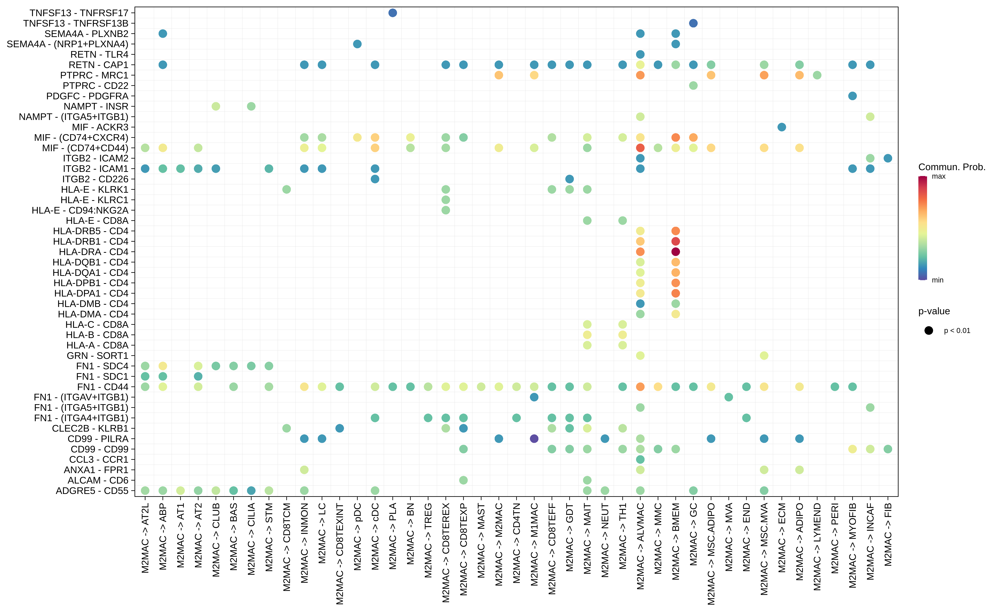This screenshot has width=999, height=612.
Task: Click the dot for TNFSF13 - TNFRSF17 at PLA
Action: [392, 13]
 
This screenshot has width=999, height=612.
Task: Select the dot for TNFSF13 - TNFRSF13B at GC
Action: [693, 23]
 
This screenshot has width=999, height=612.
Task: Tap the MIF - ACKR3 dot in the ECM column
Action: [782, 127]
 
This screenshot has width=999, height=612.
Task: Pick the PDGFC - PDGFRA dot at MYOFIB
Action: [852, 96]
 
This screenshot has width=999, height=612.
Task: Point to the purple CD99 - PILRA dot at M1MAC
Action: [534, 439]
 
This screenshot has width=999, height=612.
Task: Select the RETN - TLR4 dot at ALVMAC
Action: [640, 54]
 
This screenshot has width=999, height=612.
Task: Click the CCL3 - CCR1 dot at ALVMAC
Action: [640, 459]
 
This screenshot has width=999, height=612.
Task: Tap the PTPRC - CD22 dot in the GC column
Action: [693, 85]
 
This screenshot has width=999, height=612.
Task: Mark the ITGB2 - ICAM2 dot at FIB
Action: [888, 158]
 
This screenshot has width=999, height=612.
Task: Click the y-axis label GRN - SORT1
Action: [97, 356]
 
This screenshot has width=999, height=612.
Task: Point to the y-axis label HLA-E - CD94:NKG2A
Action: [80, 210]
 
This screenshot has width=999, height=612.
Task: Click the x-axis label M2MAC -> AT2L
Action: [145, 538]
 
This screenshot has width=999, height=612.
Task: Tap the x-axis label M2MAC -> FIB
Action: [888, 535]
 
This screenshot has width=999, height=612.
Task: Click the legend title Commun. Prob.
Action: [952, 167]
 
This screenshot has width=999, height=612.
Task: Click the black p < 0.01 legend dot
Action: [928, 331]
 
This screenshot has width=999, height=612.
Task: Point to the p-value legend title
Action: [934, 311]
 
